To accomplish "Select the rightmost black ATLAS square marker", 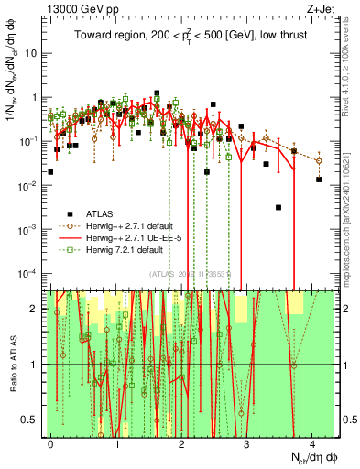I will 318,180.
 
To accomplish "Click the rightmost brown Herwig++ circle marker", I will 319,160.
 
